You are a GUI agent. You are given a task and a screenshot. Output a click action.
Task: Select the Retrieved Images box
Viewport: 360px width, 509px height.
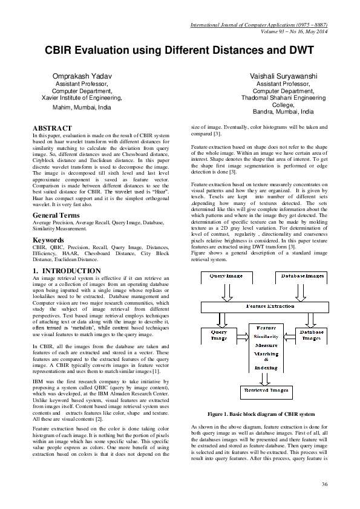tap(265, 390)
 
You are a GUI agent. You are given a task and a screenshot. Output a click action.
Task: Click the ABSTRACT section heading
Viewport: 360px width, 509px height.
tap(52, 128)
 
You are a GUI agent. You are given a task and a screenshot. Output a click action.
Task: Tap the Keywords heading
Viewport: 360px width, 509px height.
tap(48, 240)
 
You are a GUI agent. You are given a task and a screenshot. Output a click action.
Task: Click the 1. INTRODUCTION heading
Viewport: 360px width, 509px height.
tap(67, 270)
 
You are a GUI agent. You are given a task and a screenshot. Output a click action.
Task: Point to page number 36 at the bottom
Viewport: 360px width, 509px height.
tap(324, 484)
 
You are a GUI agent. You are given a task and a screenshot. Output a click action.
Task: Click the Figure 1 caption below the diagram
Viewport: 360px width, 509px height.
tap(261, 414)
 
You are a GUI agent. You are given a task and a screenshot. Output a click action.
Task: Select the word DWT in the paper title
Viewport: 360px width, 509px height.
tap(298, 50)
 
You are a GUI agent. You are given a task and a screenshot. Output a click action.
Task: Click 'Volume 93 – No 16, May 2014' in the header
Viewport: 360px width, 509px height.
tap(293, 31)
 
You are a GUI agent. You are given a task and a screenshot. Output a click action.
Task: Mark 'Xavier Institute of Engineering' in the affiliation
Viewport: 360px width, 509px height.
tap(82, 97)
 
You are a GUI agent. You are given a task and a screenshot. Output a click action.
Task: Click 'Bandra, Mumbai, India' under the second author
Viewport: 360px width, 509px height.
tap(283, 112)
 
